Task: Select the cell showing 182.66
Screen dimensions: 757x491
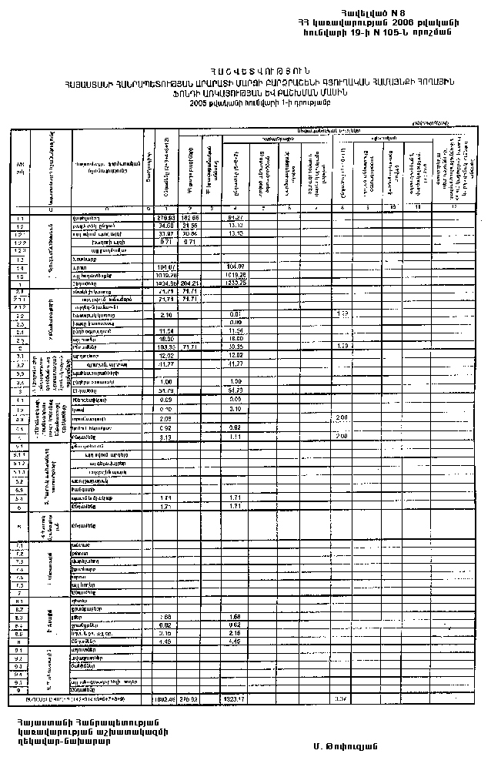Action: pyautogui.click(x=190, y=218)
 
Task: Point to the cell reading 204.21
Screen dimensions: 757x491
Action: pyautogui.click(x=190, y=283)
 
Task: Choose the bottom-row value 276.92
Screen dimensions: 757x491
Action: pyautogui.click(x=190, y=698)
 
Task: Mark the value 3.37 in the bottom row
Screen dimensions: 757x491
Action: pyautogui.click(x=340, y=698)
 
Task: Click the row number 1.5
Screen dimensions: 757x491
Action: pyautogui.click(x=18, y=275)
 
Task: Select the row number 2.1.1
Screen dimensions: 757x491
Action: pyautogui.click(x=18, y=298)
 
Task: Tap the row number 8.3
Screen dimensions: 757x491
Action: pyautogui.click(x=18, y=617)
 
